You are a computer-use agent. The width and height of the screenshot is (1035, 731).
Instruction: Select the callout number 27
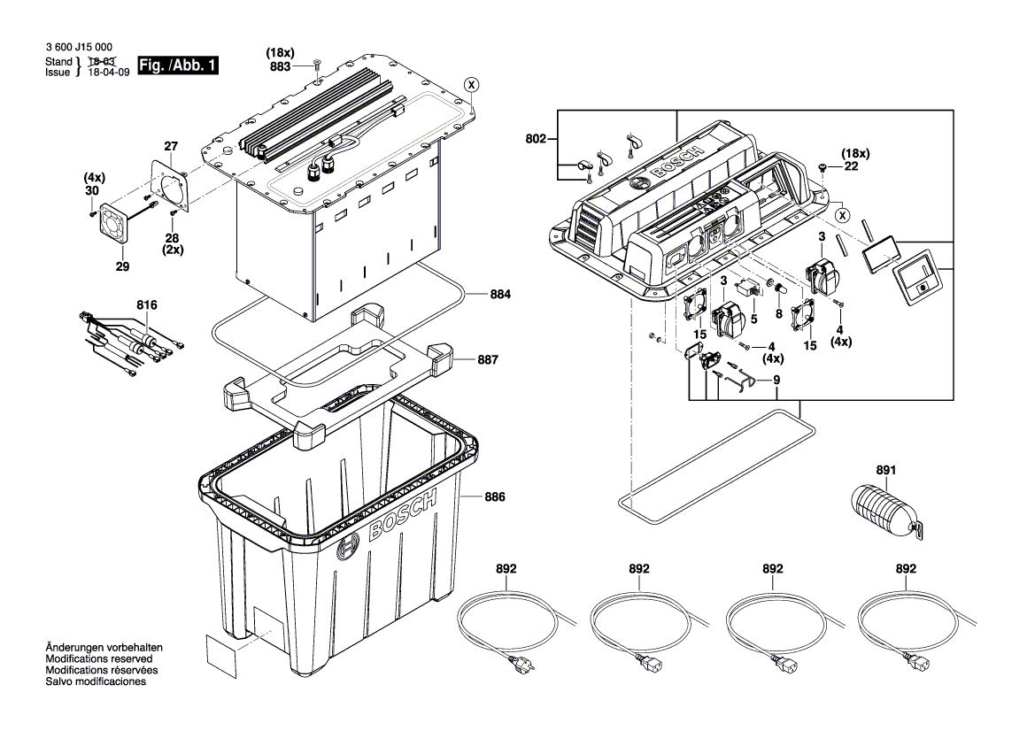(x=171, y=146)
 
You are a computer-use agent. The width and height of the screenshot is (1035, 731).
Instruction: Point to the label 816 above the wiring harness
(x=146, y=304)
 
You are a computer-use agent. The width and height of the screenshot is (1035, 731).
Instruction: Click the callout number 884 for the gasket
(x=501, y=294)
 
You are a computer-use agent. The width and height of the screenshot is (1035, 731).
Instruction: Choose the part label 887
(x=487, y=360)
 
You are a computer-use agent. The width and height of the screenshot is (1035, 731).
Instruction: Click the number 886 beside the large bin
(x=494, y=497)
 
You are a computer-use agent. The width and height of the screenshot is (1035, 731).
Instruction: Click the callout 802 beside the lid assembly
(x=537, y=139)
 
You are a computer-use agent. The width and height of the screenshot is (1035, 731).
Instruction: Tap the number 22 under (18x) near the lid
(x=852, y=165)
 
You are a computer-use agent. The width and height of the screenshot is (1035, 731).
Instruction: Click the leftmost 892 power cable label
(x=506, y=569)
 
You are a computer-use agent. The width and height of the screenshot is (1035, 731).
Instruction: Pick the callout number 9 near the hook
(x=776, y=381)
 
